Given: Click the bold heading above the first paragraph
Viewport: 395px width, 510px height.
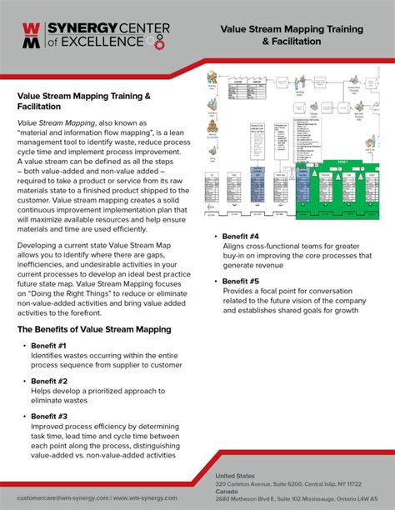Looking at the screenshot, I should click(x=84, y=102).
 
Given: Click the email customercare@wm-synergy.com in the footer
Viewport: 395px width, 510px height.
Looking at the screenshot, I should click(x=62, y=497).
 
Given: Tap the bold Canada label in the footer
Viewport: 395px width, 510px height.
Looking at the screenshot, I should click(x=227, y=491).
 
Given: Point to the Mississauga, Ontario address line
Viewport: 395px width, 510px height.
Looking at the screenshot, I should click(x=300, y=498).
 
